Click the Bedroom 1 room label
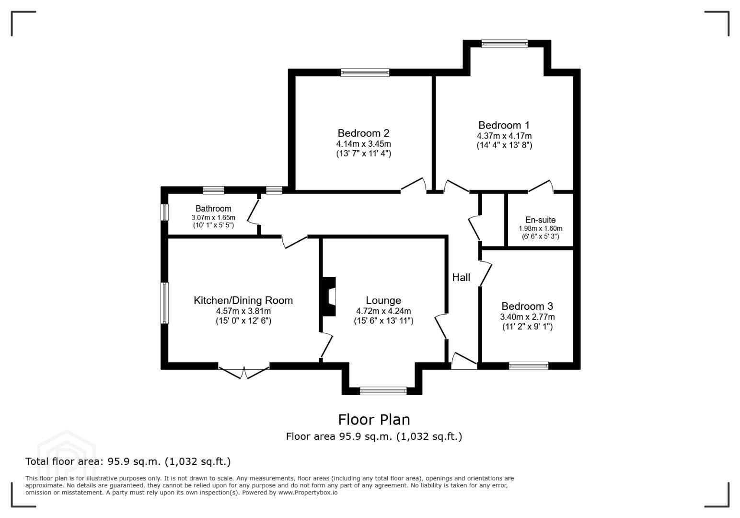click(x=504, y=125)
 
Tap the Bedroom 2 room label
click(x=363, y=133)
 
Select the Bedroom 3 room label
click(x=527, y=306)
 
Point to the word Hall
click(x=461, y=277)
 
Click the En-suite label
click(x=541, y=220)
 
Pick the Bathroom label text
click(x=213, y=209)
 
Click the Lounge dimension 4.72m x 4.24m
click(x=383, y=311)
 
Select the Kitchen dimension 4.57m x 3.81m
click(x=243, y=311)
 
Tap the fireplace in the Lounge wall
click(x=329, y=296)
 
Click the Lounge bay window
click(x=383, y=391)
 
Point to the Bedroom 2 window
click(x=365, y=72)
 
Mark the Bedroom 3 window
click(x=529, y=365)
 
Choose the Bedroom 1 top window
click(x=505, y=44)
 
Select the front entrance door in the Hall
click(x=464, y=361)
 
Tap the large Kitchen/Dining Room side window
click(x=164, y=303)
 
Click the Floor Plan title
click(x=374, y=420)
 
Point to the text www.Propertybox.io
click(x=308, y=492)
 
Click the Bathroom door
click(x=254, y=212)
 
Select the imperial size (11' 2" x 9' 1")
click(x=527, y=327)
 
